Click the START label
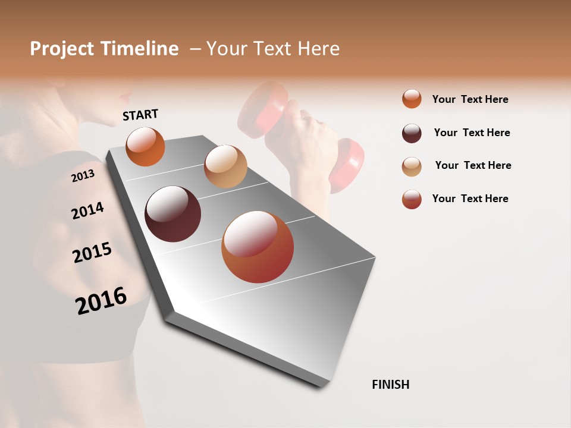coord(140,115)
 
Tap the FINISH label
coord(390,385)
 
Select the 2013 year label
coord(83,175)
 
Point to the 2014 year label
coord(87,210)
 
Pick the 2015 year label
coord(92,253)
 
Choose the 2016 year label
coord(101,301)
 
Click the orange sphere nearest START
coord(145,146)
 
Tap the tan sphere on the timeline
coord(225,166)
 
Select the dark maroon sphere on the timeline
coord(172,214)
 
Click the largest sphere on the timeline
coord(258,247)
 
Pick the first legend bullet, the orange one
coord(412,99)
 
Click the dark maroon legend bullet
coord(412,133)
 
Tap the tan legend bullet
coord(412,166)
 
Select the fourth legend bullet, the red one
coord(412,199)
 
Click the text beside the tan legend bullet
coord(473,165)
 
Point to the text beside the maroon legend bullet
coord(472,133)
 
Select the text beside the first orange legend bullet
coord(470,99)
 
